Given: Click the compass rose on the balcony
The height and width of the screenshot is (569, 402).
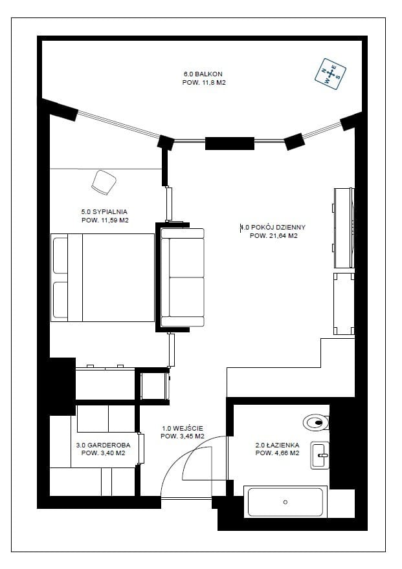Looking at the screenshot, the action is click(330, 74).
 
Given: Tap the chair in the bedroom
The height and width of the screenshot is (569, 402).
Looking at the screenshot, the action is click(104, 182).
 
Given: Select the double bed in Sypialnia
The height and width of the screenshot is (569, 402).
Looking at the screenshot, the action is click(102, 277).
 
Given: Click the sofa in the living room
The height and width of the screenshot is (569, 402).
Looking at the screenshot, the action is click(183, 277).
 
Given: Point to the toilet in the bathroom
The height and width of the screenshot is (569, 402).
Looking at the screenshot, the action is click(316, 422).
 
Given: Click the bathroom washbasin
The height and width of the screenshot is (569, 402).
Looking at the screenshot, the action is click(320, 455).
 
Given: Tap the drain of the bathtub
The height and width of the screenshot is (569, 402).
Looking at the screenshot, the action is click(285, 502).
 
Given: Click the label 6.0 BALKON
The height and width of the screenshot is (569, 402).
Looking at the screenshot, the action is click(203, 74).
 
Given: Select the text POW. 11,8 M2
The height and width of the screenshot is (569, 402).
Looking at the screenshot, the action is click(204, 83).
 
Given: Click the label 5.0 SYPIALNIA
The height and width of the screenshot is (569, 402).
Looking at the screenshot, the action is click(105, 211).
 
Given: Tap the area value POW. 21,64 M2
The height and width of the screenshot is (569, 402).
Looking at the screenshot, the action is click(274, 236).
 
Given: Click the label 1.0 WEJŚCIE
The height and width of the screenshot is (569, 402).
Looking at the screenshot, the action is click(183, 428).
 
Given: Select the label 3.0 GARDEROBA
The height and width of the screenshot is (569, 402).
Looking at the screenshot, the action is click(103, 446).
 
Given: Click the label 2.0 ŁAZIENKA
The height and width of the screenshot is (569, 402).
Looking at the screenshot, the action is click(277, 445).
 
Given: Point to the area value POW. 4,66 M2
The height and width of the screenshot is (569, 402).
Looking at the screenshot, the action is click(277, 453).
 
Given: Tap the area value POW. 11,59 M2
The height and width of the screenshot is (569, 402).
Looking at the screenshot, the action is click(105, 220).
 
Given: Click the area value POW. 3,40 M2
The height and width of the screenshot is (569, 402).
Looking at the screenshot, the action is click(103, 453).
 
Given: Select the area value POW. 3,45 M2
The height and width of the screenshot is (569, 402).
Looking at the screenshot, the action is click(183, 436).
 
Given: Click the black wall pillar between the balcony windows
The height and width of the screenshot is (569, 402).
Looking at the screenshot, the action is click(230, 144).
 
